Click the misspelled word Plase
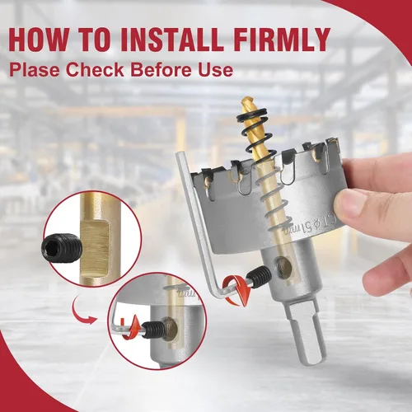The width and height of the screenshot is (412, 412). [x=35, y=69]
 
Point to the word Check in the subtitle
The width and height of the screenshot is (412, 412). [x=95, y=69]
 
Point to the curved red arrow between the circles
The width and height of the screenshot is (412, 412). [x=83, y=312]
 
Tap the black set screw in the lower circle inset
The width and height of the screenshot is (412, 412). [x=152, y=330]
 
